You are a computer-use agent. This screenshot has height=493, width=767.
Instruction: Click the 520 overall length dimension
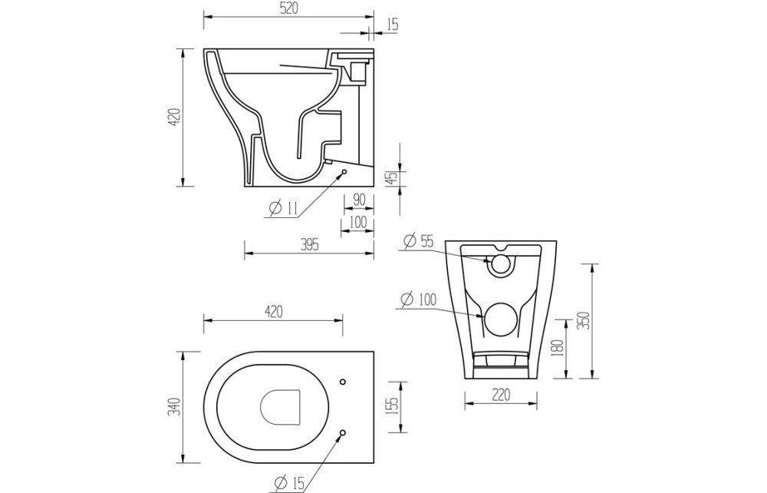(x=285, y=8)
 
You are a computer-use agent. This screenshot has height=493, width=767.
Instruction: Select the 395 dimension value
(x=308, y=244)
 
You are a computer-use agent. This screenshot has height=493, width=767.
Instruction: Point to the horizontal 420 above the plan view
(x=273, y=311)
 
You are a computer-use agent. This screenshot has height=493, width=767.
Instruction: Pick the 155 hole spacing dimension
(x=392, y=405)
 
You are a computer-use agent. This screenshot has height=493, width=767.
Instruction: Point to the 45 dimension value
(x=392, y=177)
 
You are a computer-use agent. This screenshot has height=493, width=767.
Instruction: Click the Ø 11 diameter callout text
(x=283, y=208)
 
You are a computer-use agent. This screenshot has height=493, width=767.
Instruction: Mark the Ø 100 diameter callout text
(x=418, y=299)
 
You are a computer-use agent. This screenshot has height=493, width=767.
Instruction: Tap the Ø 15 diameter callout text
(x=288, y=482)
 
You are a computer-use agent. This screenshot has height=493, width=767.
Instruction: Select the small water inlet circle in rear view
(x=501, y=265)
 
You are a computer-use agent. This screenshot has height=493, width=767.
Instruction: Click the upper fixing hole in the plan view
(x=343, y=382)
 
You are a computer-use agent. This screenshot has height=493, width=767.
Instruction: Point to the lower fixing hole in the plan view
(x=343, y=432)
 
